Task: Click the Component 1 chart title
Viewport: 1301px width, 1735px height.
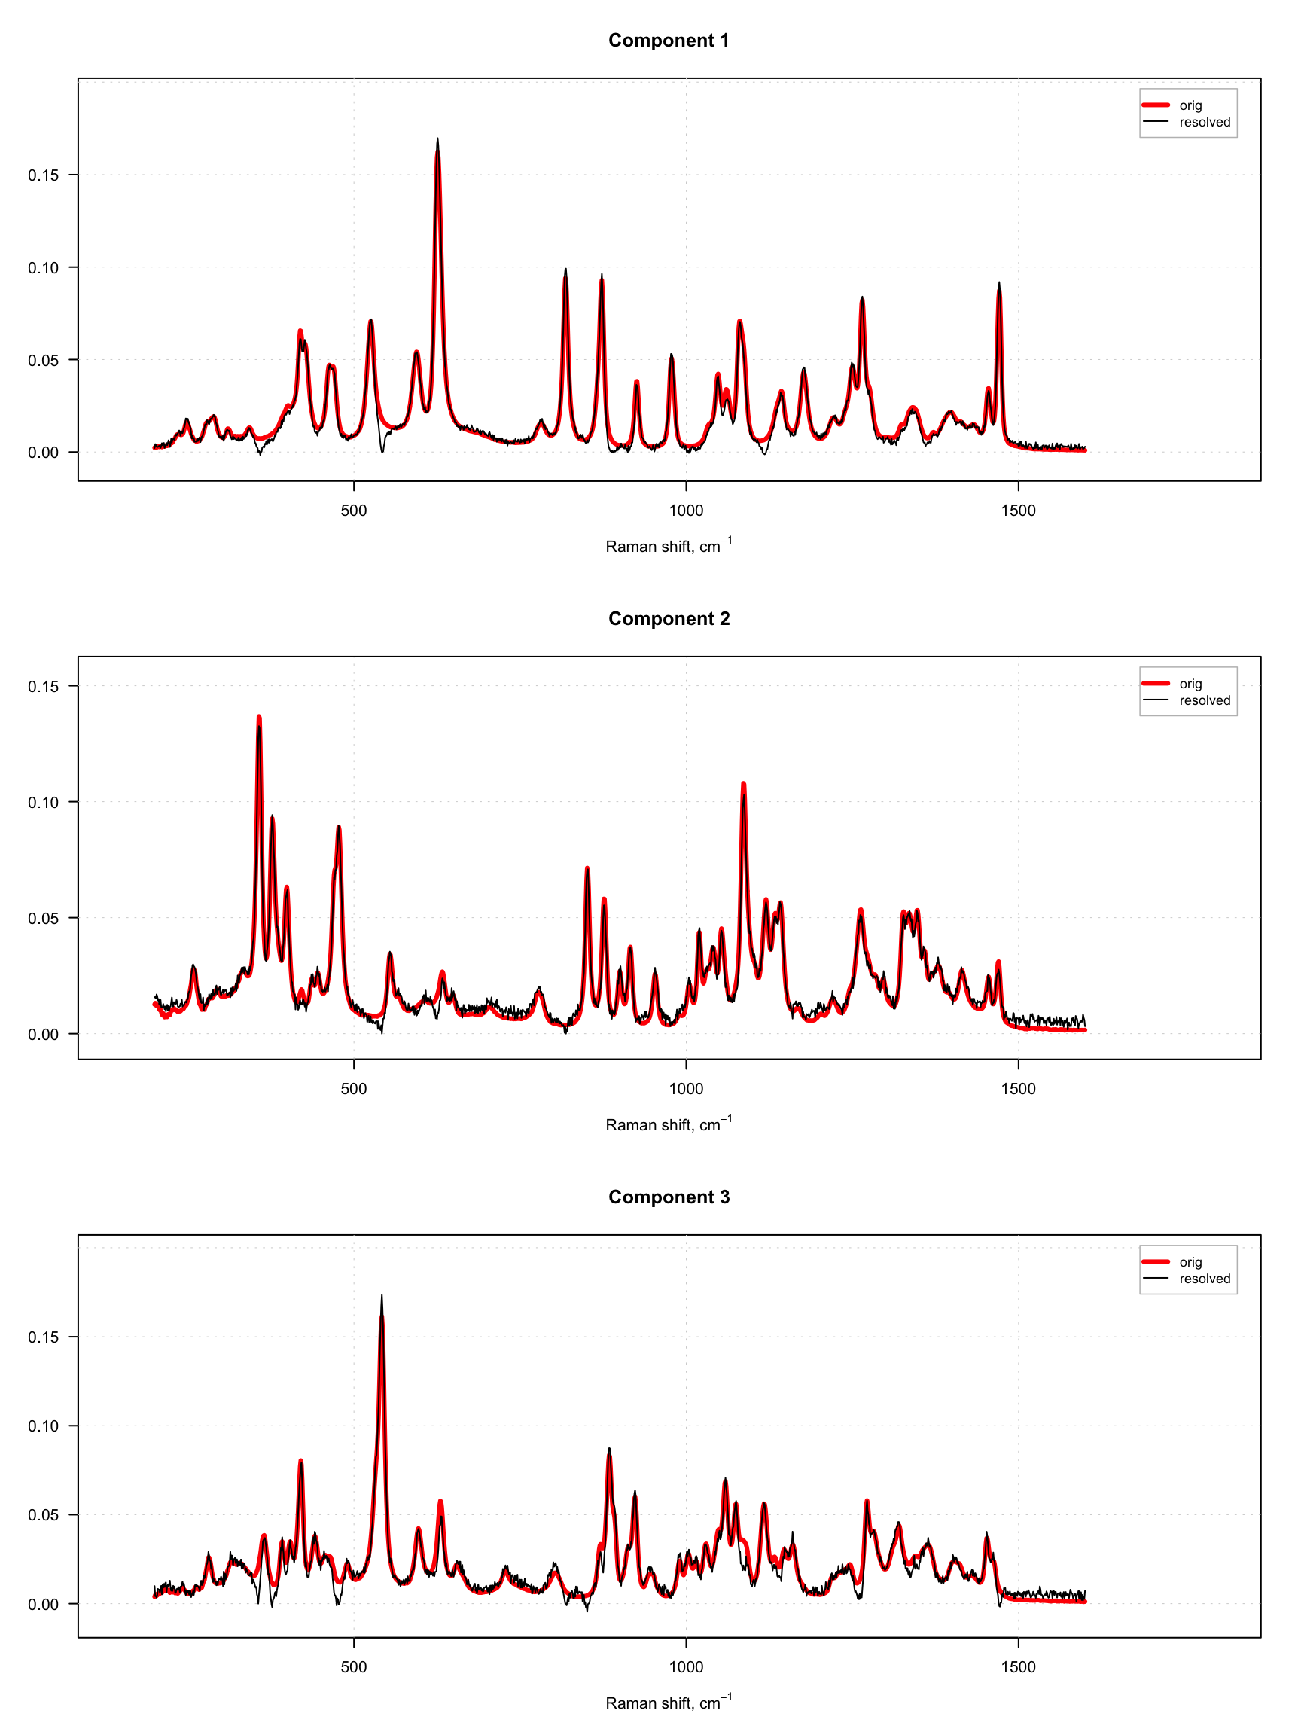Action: [x=668, y=40]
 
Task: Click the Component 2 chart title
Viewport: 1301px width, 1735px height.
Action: [x=668, y=618]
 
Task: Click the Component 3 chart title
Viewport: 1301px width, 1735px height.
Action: [x=668, y=1196]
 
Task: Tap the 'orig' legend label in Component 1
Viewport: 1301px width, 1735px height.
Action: [x=1190, y=105]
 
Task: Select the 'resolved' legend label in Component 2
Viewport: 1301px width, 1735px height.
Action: [x=1204, y=700]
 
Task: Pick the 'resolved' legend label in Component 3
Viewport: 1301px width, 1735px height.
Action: [x=1204, y=1278]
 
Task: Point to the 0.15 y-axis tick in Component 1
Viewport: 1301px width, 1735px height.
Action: [x=43, y=175]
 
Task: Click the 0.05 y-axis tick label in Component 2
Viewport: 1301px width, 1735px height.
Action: [x=43, y=918]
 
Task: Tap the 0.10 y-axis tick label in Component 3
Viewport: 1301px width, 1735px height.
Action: [x=43, y=1426]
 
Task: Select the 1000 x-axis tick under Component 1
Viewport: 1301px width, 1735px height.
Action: [x=685, y=510]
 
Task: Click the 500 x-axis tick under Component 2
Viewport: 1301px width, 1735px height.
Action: [x=353, y=1088]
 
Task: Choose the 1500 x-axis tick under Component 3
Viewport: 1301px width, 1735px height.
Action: [x=1018, y=1666]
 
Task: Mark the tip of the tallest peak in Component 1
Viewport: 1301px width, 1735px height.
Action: [x=437, y=139]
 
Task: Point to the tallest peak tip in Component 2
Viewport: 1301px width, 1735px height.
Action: [x=259, y=717]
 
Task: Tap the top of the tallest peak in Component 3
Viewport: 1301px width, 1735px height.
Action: [x=382, y=1296]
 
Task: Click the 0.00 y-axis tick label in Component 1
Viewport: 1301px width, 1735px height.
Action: [x=43, y=453]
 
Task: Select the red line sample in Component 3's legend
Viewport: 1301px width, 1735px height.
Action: [x=1155, y=1261]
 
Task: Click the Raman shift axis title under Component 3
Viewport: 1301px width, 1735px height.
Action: [x=668, y=1702]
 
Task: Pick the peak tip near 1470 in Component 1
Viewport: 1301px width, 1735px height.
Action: [x=999, y=283]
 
